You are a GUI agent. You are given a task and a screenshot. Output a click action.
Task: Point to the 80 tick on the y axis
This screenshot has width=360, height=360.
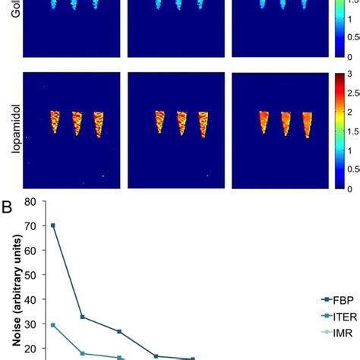30,202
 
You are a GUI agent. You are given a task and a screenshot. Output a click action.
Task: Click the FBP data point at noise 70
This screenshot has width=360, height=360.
52,226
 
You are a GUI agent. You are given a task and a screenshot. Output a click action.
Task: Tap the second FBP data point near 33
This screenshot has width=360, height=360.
82,317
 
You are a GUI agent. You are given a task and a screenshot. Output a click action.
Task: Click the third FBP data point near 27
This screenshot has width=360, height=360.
119,332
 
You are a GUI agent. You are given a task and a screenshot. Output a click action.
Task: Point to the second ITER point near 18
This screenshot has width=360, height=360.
82,353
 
